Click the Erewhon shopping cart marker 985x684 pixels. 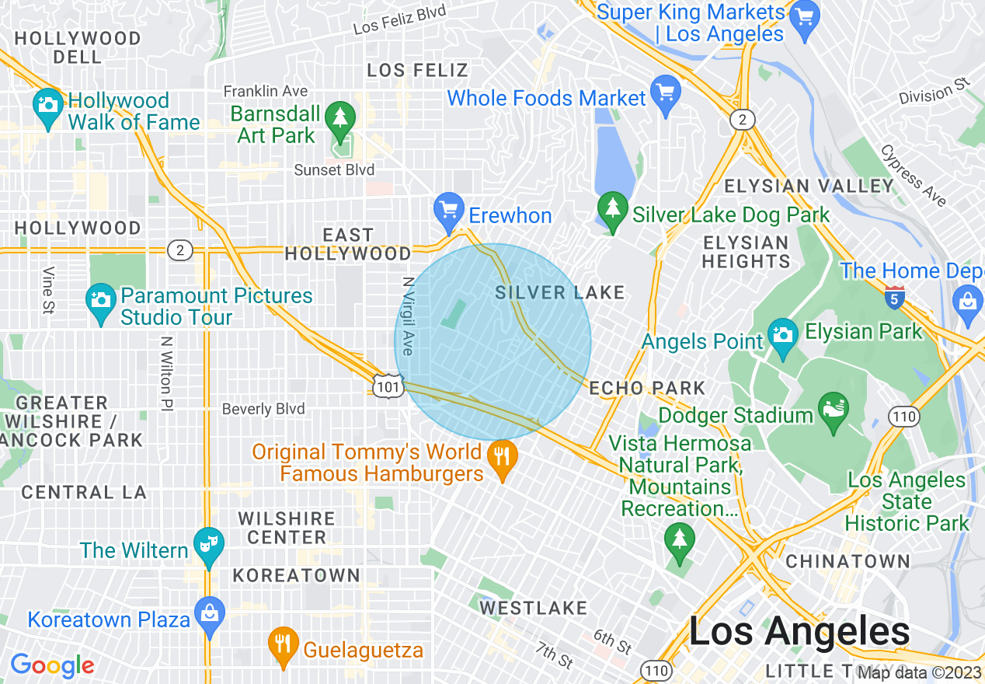(448, 211)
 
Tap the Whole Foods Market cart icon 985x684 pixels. (666, 95)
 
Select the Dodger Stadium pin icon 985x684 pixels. (834, 411)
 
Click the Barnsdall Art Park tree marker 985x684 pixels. (339, 120)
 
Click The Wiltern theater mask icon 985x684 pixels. (209, 545)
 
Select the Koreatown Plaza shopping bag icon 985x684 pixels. (210, 615)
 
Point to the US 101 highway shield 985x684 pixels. (387, 386)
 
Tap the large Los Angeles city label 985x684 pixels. (799, 632)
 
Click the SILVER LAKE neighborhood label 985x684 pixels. (560, 292)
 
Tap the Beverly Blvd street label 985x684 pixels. (263, 409)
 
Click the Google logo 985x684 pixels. (52, 665)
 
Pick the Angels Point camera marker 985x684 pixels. (782, 336)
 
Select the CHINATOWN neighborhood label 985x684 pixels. (848, 561)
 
